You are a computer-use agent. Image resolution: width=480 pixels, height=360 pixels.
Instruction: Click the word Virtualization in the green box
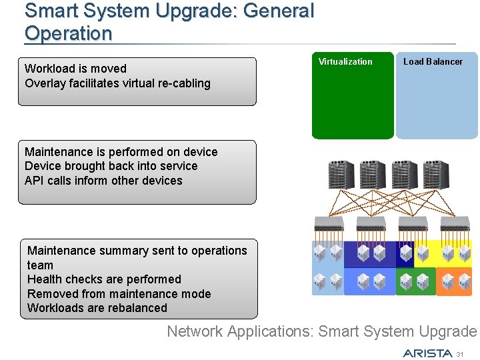click(x=345, y=61)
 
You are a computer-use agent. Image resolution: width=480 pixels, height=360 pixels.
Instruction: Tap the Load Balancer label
click(x=433, y=61)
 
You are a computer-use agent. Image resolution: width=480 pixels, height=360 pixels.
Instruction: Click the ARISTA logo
click(x=427, y=353)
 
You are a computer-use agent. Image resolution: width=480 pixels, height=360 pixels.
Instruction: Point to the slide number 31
click(x=467, y=353)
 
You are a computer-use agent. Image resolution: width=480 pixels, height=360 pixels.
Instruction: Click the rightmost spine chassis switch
click(x=436, y=175)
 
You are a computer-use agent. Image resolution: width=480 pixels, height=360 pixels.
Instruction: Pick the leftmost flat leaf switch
click(x=329, y=223)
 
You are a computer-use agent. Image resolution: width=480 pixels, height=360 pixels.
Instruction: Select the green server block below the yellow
click(x=415, y=281)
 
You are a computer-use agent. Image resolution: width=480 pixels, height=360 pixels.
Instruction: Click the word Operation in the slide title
click(x=68, y=33)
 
